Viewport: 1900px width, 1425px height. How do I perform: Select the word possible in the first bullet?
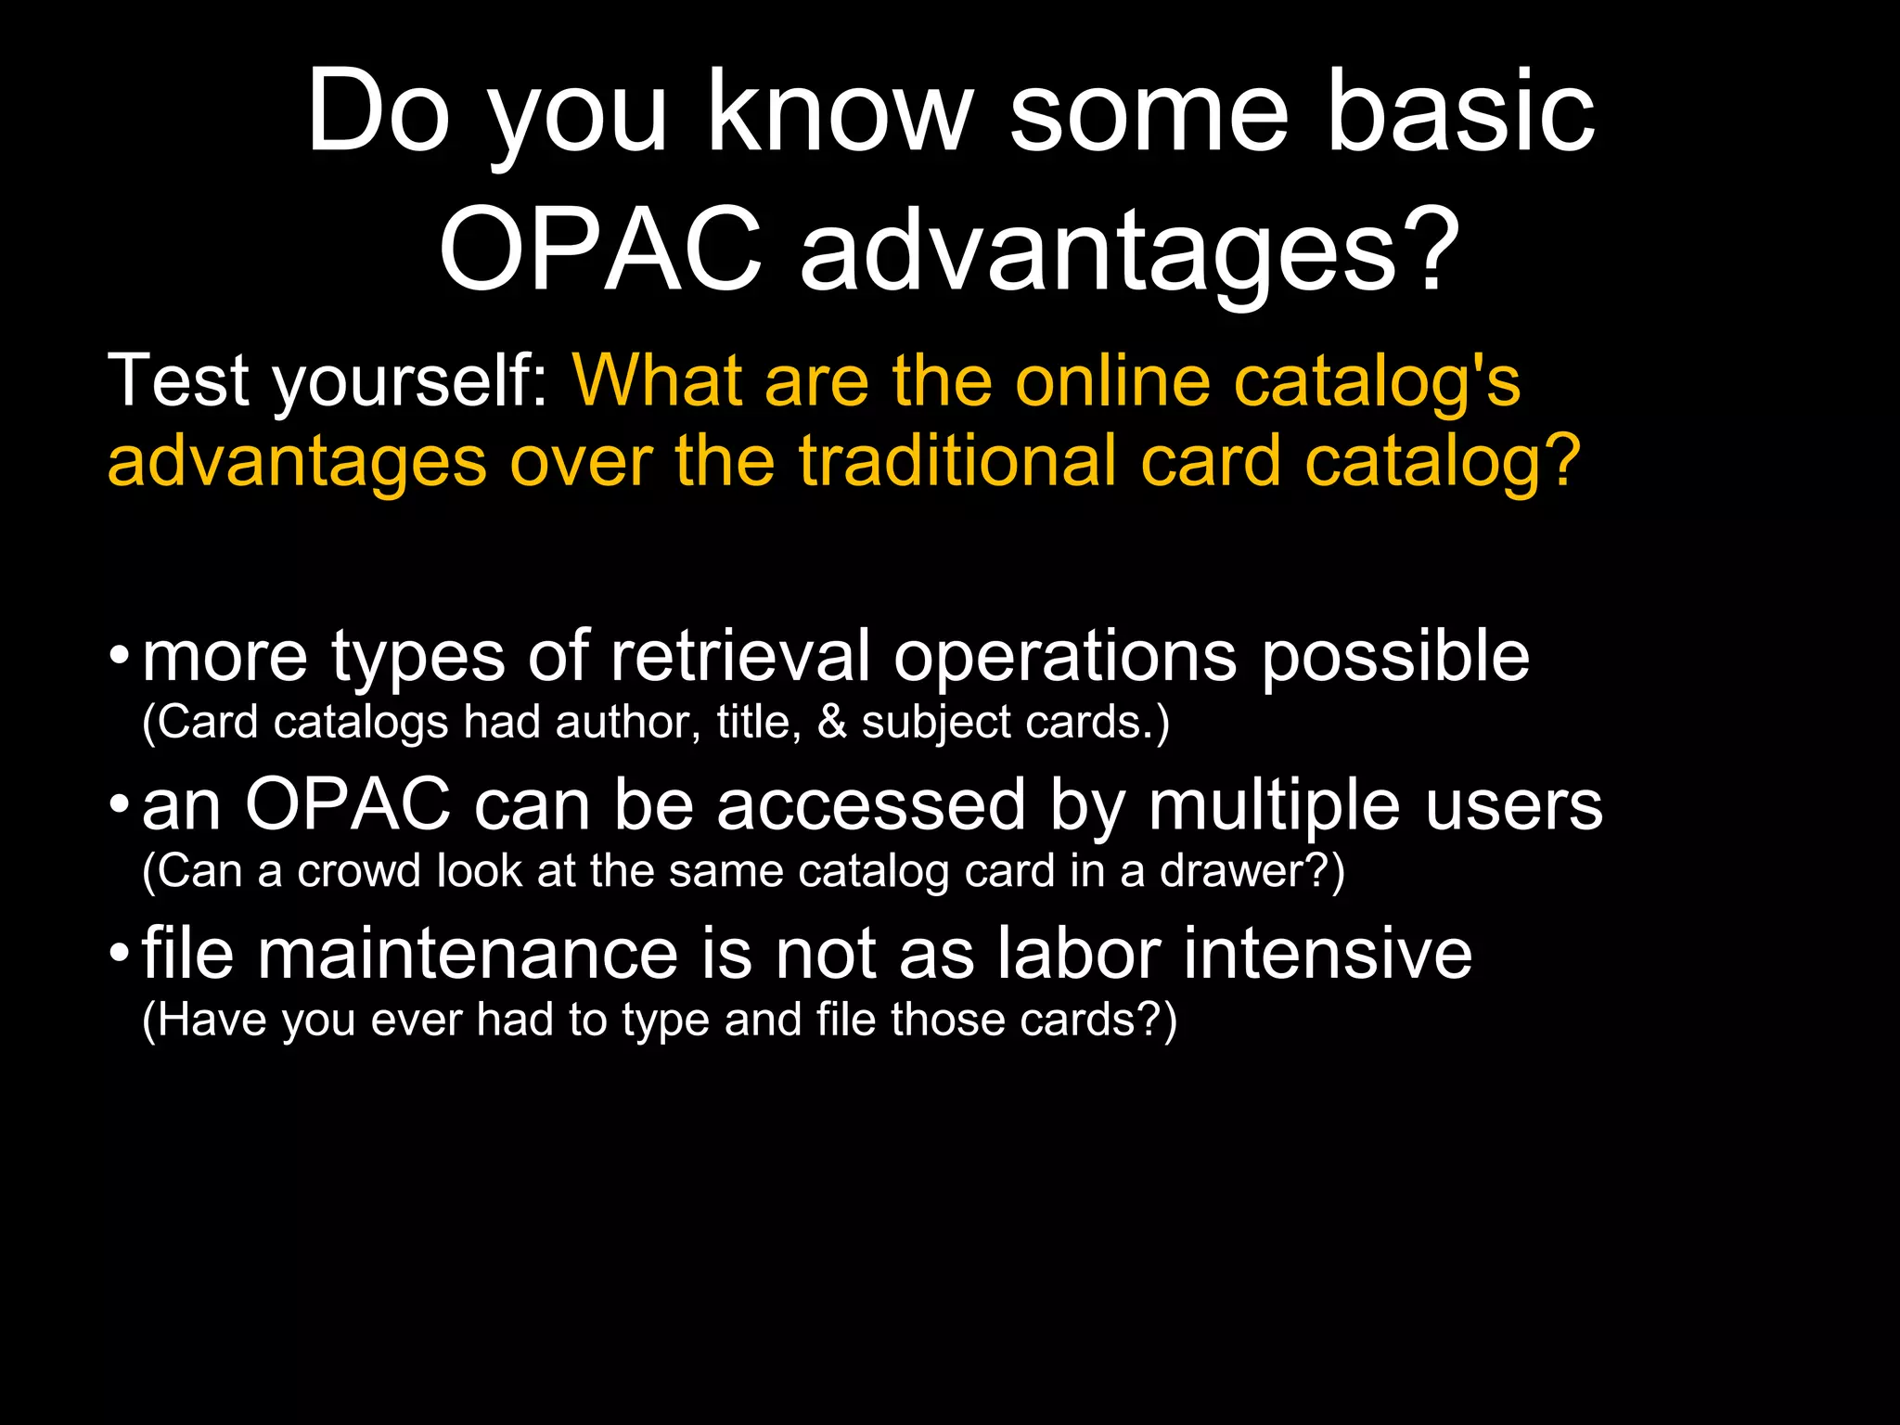[1395, 656]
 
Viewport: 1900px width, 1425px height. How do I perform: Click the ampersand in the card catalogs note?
[832, 723]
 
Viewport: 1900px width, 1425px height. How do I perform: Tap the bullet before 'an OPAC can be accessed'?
[118, 805]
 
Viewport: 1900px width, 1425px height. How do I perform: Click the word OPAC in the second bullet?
[347, 804]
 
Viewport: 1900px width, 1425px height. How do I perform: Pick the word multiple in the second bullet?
[1274, 804]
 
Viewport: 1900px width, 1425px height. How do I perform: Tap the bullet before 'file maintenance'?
[118, 955]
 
